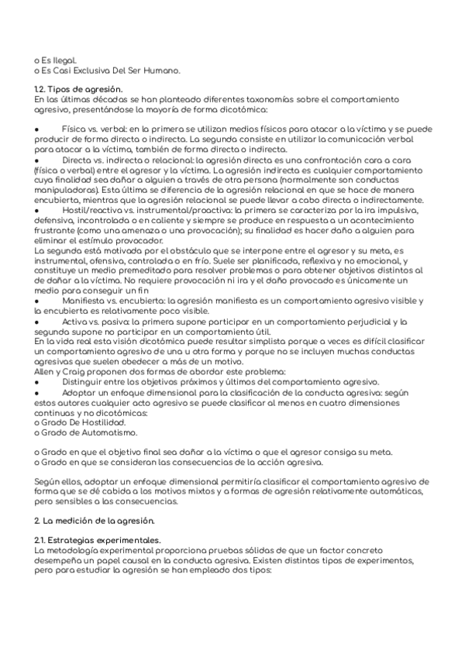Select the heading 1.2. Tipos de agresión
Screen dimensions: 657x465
coord(79,90)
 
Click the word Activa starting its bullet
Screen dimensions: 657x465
coord(75,322)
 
